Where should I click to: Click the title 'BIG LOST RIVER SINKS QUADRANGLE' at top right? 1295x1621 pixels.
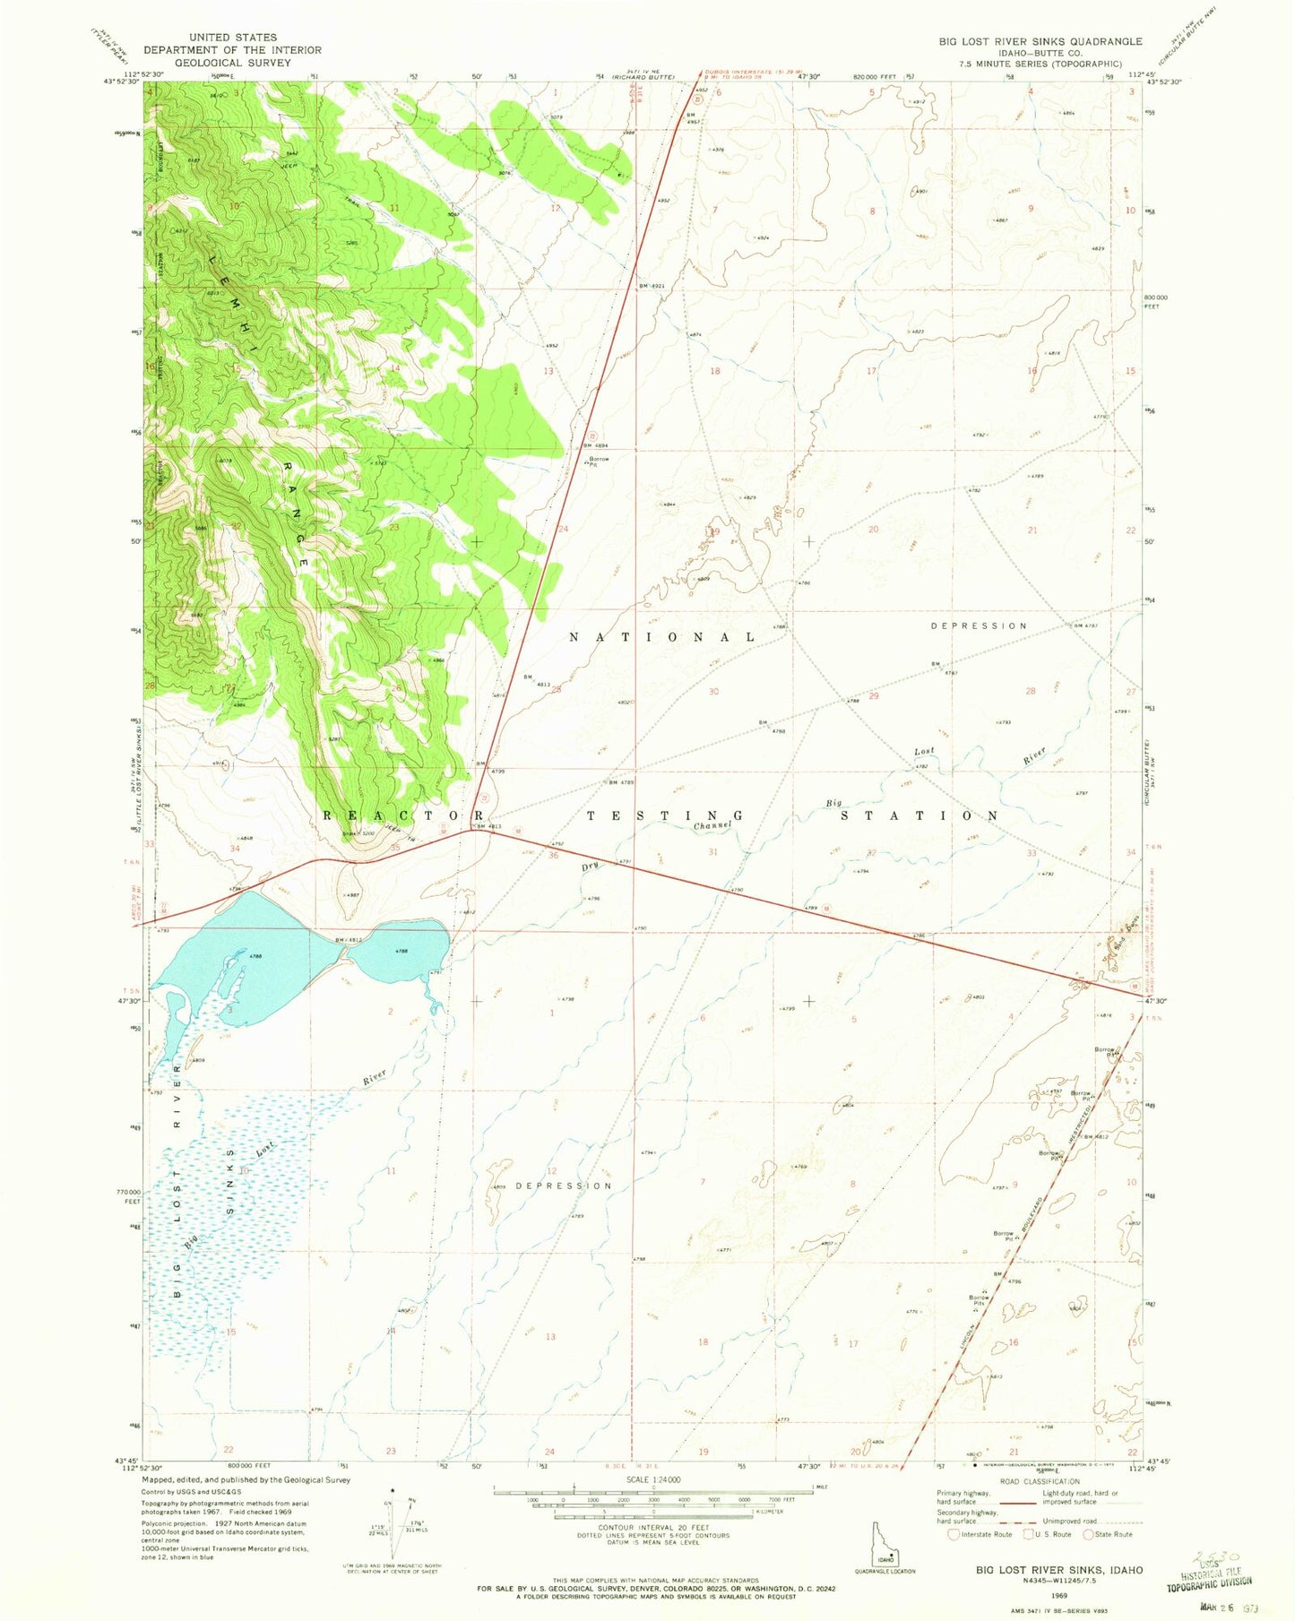click(x=1040, y=41)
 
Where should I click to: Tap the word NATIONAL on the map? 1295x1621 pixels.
click(x=664, y=636)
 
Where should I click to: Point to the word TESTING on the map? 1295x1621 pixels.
click(x=664, y=815)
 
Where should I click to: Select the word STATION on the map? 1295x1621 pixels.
click(x=919, y=815)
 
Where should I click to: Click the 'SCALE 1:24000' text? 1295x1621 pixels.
click(x=654, y=1479)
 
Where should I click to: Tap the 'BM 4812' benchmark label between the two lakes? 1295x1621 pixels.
click(x=348, y=940)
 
